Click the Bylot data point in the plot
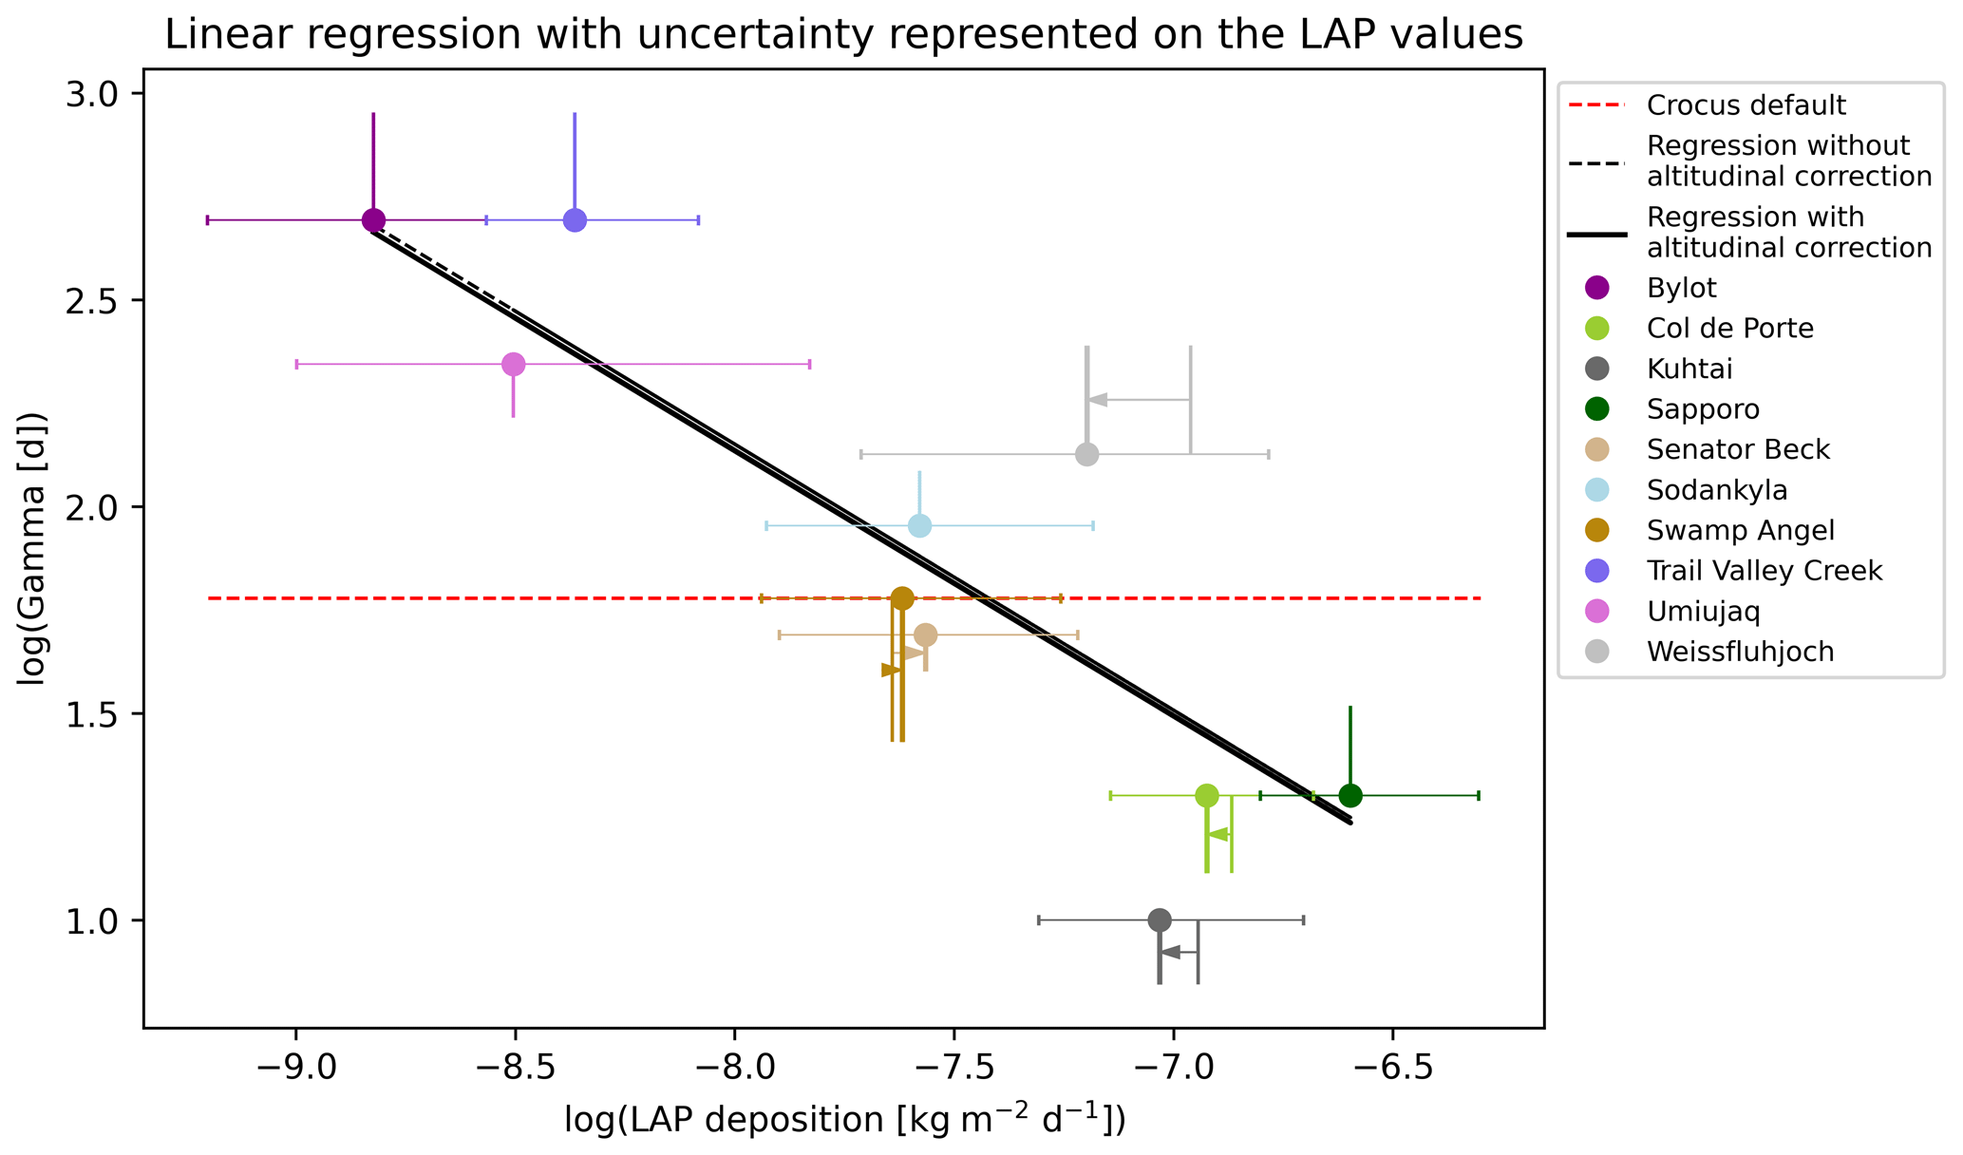(x=373, y=220)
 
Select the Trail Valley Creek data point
(x=575, y=220)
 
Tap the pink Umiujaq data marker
(x=513, y=364)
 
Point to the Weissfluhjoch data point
(x=1086, y=454)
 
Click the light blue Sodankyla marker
(x=919, y=525)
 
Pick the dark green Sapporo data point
(x=1350, y=796)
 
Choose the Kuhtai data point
(x=1159, y=919)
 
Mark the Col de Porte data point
(x=1206, y=796)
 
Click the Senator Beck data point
(x=926, y=634)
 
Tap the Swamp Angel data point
(x=902, y=598)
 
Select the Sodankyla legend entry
(x=1717, y=490)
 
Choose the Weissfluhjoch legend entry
(x=1740, y=652)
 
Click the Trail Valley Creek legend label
(x=1764, y=571)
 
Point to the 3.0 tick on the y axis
(x=91, y=94)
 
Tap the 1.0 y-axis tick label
(x=91, y=920)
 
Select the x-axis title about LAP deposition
(x=844, y=1121)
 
